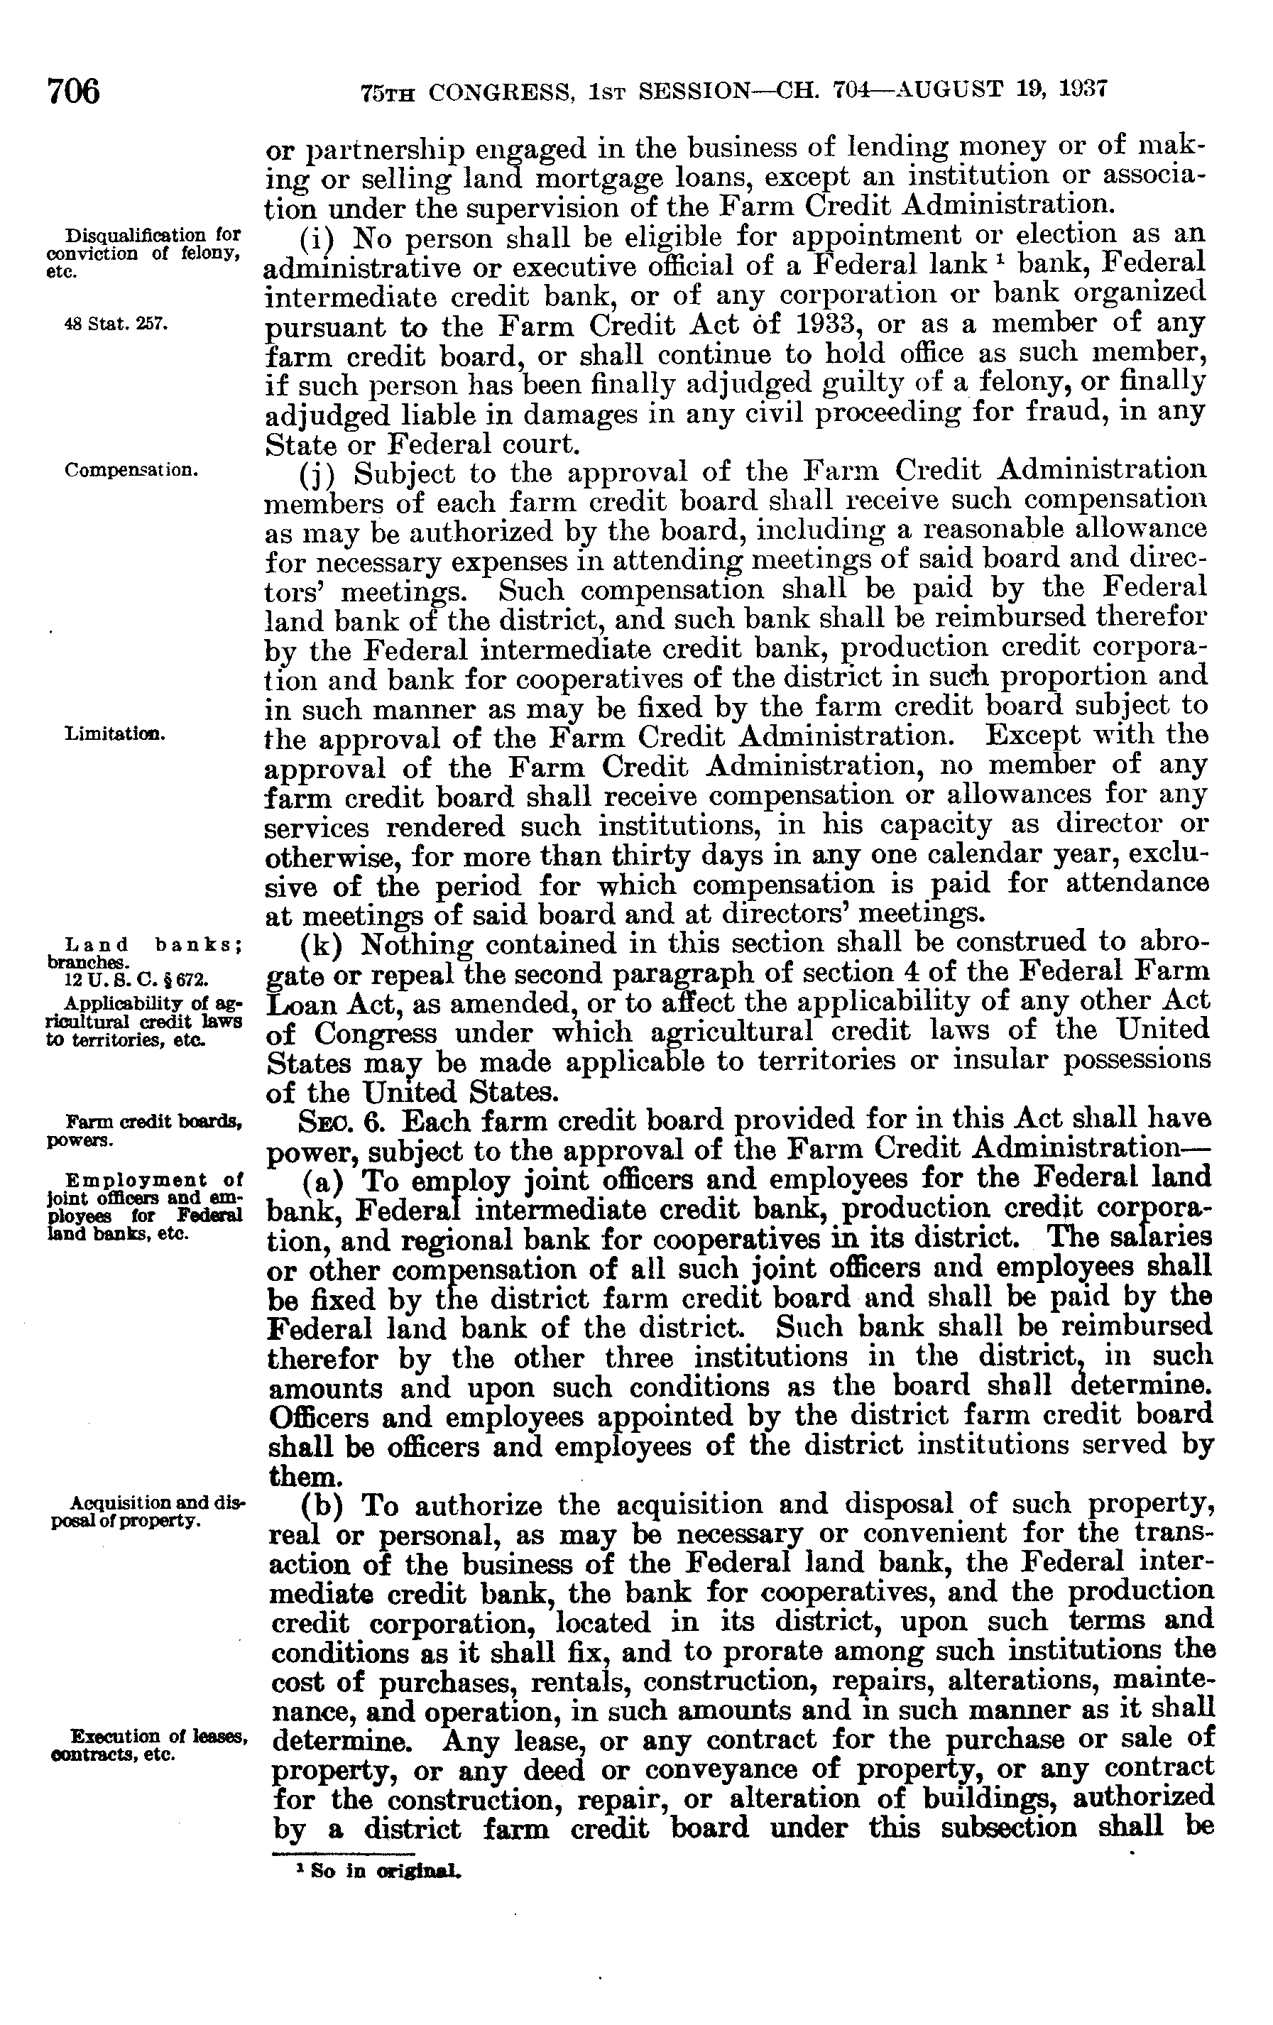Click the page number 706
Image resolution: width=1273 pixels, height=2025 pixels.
[75, 90]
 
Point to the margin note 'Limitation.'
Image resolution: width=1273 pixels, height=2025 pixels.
[114, 733]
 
